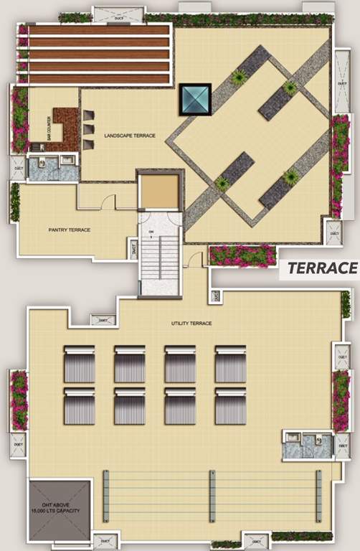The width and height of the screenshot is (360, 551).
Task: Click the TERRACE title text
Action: coord(322,268)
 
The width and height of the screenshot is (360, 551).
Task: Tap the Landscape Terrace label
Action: coord(129,135)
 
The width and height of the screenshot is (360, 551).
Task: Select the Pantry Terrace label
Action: coord(69,230)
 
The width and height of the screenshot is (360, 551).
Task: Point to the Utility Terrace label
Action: coord(191,324)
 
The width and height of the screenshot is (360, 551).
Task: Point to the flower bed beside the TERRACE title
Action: coord(242,255)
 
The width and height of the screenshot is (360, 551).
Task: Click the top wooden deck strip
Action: coord(99,30)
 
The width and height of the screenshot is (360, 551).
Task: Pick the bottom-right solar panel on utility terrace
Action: coord(231,406)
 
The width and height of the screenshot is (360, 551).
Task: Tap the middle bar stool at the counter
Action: coord(88,129)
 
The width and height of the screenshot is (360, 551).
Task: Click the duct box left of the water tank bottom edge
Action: coord(105,537)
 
